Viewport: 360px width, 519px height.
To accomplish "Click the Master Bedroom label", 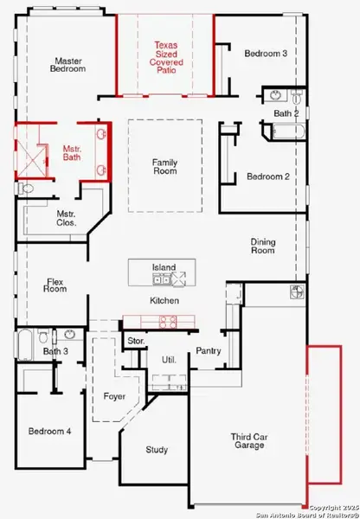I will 68,66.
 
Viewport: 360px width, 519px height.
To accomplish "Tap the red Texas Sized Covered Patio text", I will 165,53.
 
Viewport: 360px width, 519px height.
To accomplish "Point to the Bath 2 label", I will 286,113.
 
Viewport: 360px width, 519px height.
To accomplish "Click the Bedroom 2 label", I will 267,176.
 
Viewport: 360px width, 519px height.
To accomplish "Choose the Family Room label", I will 164,166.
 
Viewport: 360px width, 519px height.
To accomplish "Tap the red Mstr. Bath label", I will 72,154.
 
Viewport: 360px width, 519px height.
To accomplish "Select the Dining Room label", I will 263,247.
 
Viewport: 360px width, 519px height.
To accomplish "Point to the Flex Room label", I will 55,285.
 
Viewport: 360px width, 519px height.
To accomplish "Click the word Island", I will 164,268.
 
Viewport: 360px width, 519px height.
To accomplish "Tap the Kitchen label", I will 164,300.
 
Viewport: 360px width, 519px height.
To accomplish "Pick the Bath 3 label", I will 55,351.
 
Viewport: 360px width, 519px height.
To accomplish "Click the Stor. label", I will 135,341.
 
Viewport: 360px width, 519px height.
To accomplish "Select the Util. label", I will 168,358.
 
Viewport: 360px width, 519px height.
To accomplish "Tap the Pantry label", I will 209,350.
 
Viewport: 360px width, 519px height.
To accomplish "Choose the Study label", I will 157,450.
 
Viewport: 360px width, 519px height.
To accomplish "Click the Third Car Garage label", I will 250,444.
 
